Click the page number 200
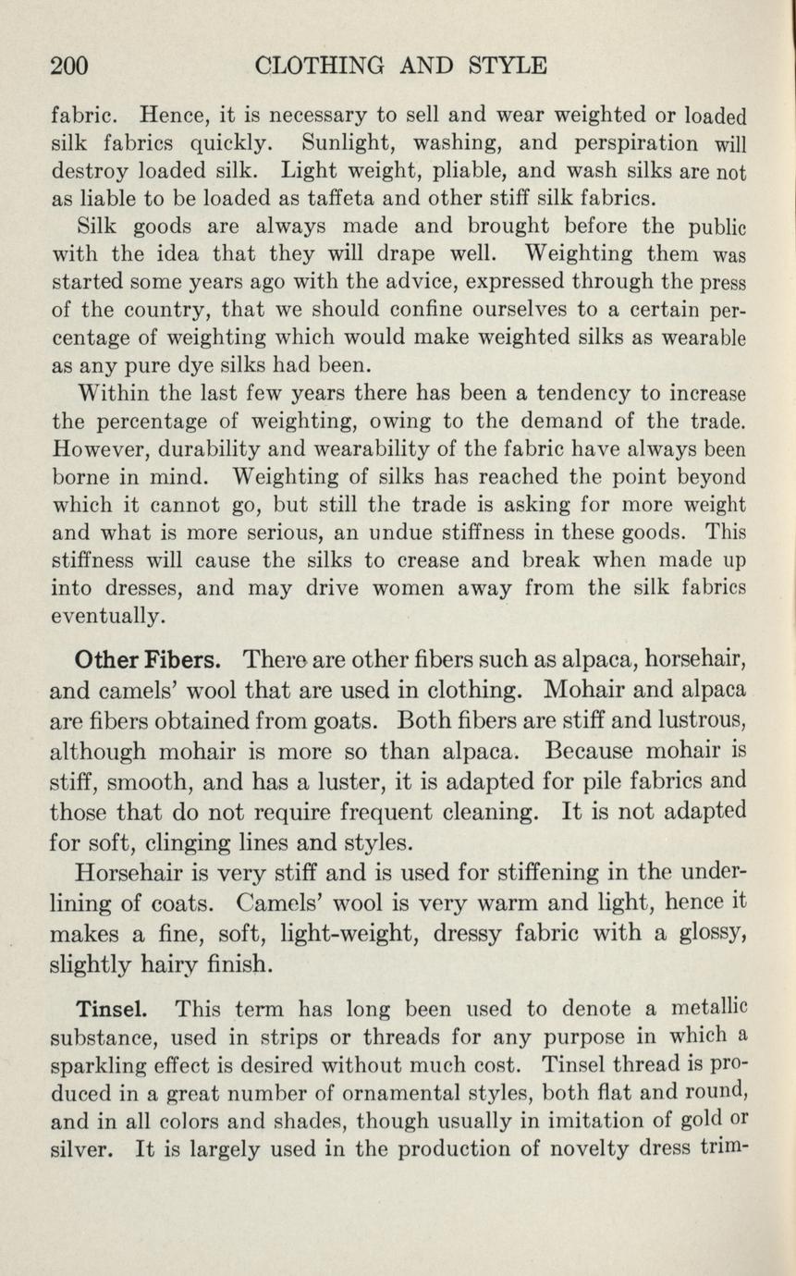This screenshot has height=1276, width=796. tap(68, 65)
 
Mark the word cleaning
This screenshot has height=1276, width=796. tap(490, 813)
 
